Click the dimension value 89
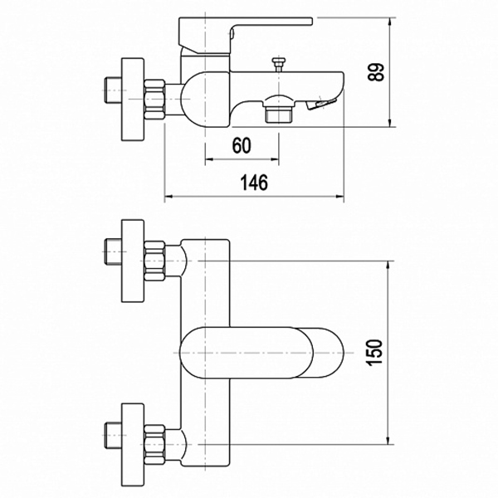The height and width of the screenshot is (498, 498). [376, 72]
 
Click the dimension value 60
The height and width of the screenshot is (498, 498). [242, 146]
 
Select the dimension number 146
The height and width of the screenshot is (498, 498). [254, 183]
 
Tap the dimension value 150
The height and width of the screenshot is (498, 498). [375, 353]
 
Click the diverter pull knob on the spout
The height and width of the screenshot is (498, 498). [279, 65]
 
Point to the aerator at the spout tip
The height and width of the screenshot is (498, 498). [321, 105]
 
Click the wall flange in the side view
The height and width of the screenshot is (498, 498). [133, 99]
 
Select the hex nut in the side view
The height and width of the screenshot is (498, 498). [154, 100]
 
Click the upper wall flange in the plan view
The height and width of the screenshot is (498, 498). [133, 261]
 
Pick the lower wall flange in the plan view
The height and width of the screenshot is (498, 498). [133, 445]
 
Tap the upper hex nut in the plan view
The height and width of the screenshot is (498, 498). [154, 261]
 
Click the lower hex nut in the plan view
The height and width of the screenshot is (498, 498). [154, 445]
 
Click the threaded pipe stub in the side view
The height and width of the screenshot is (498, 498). [113, 90]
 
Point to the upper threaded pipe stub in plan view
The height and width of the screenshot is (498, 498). [113, 251]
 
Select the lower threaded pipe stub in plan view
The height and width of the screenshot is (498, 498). [113, 436]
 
